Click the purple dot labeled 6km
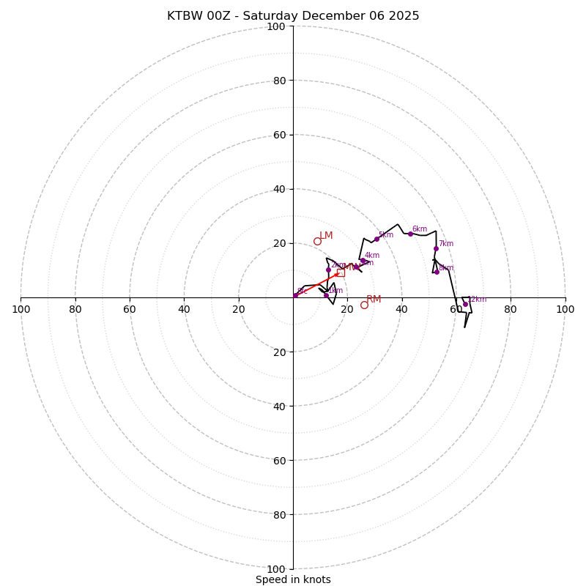click(x=410, y=234)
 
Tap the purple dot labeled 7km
click(x=436, y=248)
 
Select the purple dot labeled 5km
click(x=377, y=239)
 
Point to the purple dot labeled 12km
click(x=465, y=304)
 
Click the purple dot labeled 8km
click(x=437, y=272)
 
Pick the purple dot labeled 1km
click(x=326, y=295)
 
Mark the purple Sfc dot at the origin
click(x=295, y=295)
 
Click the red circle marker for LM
click(x=317, y=241)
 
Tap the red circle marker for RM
click(x=364, y=305)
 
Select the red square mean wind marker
click(x=340, y=272)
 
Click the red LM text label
click(x=326, y=236)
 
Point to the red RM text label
click(x=374, y=300)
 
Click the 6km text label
click(x=419, y=229)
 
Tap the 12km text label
click(x=478, y=299)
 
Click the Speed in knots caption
click(x=293, y=579)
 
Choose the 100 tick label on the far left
click(x=21, y=309)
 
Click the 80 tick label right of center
click(x=511, y=309)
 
